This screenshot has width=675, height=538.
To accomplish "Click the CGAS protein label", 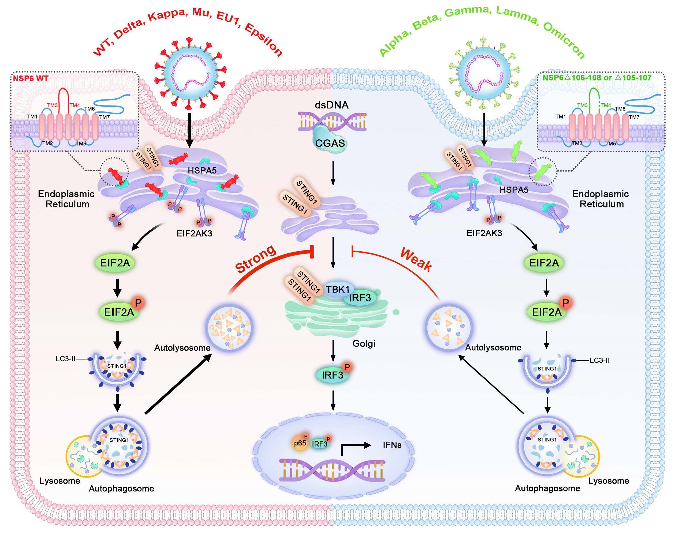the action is point(330,143).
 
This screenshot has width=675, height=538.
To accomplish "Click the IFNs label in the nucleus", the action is point(392,445).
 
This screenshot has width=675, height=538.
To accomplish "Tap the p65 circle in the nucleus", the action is point(300,443).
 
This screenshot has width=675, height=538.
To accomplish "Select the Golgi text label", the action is point(364,343).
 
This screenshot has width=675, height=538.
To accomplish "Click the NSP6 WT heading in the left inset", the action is point(31,78).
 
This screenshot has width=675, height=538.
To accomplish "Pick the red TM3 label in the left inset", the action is point(52,105).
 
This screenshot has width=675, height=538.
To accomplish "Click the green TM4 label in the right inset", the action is point(606,105).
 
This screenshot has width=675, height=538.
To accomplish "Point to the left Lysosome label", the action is point(60,481).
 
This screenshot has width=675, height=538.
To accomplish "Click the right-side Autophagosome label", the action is point(547,488).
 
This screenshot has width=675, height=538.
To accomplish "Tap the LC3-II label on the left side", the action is point(65,359).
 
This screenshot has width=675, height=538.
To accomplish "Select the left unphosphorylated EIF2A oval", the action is point(115,263).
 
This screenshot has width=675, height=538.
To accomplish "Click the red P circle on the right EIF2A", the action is point(565,303).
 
